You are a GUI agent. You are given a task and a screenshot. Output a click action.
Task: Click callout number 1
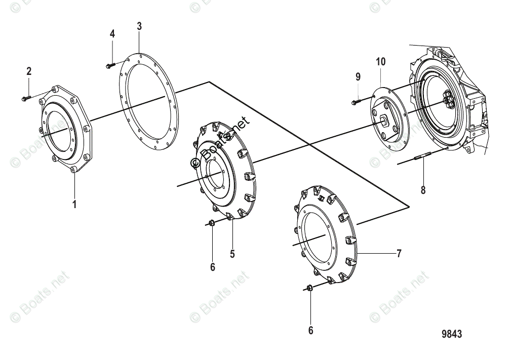click(74, 205)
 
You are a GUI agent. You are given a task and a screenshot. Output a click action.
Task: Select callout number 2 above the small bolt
click(29, 71)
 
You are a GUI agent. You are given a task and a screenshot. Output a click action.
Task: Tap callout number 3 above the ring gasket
click(139, 26)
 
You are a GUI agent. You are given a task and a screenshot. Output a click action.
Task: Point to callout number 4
click(112, 34)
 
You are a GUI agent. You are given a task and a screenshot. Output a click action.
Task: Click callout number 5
click(232, 254)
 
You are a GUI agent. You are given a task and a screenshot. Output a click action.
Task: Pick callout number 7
click(399, 253)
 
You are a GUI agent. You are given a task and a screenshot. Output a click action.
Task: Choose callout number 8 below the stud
click(423, 190)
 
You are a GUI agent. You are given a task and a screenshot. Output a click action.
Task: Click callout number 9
click(358, 77)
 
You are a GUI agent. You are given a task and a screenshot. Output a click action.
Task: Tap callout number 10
click(380, 62)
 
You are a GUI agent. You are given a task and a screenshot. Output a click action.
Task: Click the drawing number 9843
click(451, 334)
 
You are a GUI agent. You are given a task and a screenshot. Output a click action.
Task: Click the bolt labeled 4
click(110, 65)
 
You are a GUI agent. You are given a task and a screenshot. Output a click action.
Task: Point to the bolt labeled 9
click(355, 103)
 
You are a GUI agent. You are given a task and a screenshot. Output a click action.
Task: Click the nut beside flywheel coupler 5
click(213, 223)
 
